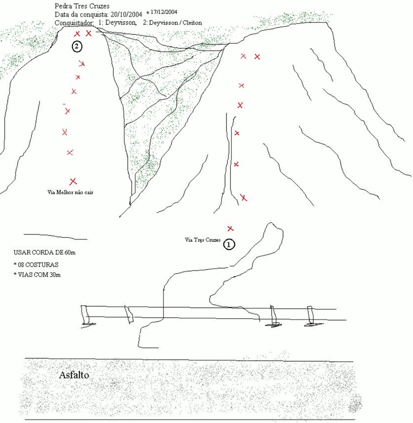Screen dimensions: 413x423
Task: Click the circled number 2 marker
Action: [x=77, y=46]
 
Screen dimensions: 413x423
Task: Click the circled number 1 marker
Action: [x=229, y=244]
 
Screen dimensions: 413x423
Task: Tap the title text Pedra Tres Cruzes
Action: [x=82, y=6]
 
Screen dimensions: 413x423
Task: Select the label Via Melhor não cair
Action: [x=70, y=193]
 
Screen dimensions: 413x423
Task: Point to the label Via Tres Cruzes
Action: [x=202, y=240]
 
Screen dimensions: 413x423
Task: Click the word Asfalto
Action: [x=74, y=375]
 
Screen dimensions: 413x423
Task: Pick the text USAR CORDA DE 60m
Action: [x=45, y=253]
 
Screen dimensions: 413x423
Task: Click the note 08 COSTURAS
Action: [x=36, y=264]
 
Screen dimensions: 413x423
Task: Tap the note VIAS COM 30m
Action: [x=37, y=275]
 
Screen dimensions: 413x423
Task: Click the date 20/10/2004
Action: [x=126, y=14]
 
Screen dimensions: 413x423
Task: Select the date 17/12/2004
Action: [x=164, y=12]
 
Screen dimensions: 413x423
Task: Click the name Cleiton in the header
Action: [x=192, y=23]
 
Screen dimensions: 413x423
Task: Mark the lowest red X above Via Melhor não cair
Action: [x=73, y=181]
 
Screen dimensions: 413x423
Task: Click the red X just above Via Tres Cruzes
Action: [x=230, y=229]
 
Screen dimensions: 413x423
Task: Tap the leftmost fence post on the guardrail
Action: [x=86, y=315]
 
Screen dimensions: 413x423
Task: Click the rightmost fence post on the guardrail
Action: [x=312, y=316]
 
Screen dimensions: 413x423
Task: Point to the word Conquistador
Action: [x=74, y=23]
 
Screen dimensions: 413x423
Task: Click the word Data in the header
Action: [x=61, y=14]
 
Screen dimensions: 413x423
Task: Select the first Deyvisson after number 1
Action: [x=120, y=23]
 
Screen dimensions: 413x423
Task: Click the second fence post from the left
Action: [x=129, y=314]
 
